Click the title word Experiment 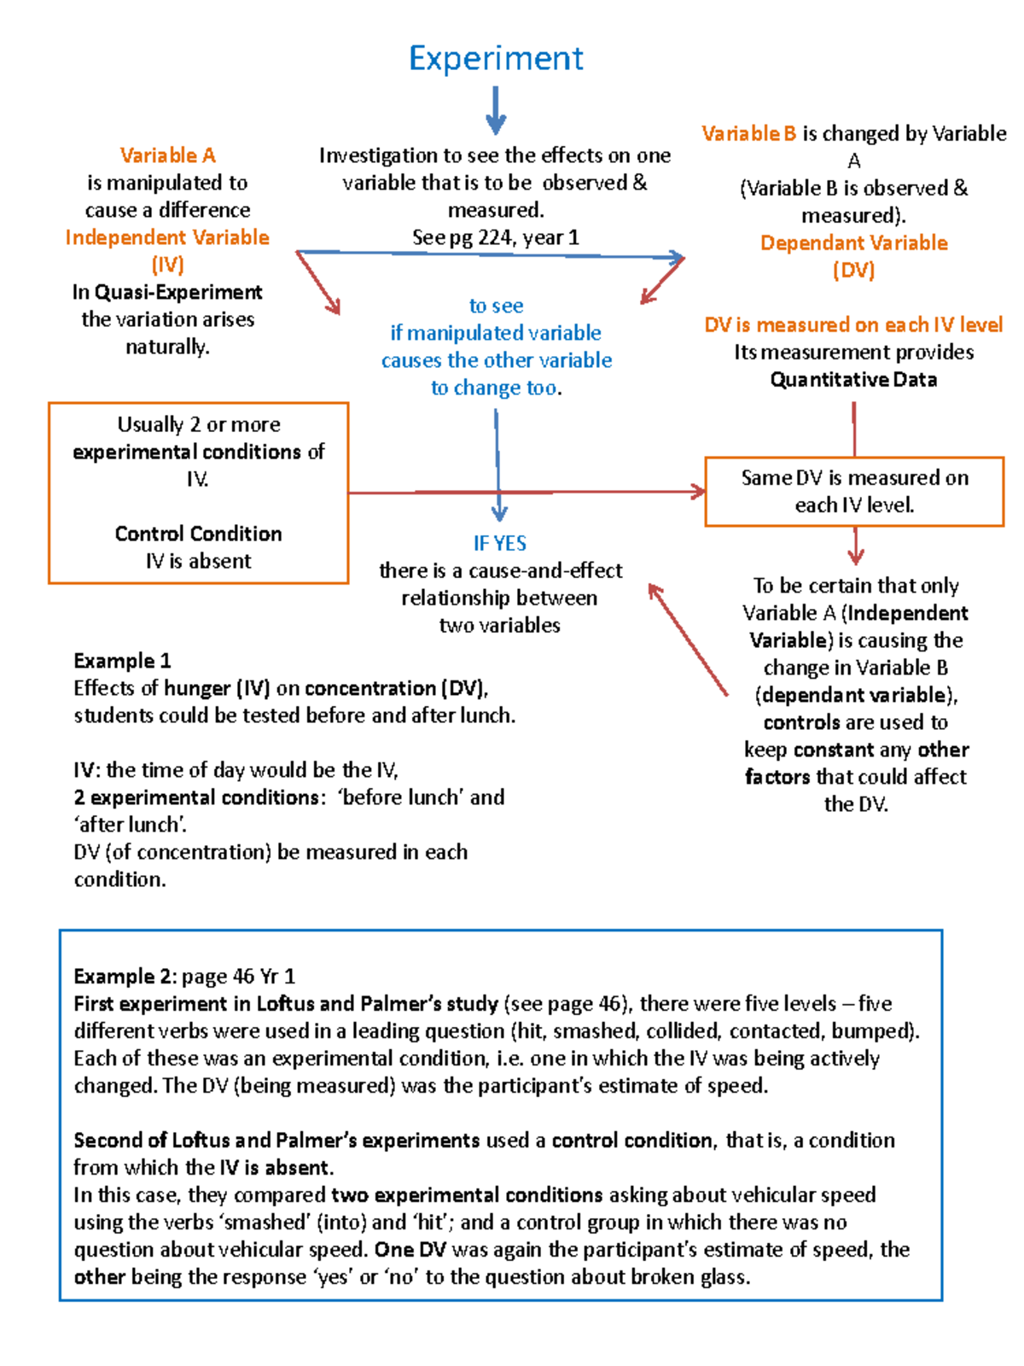(x=496, y=59)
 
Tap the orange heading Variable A (x=167, y=155)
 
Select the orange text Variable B (x=748, y=134)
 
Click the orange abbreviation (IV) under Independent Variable (x=167, y=265)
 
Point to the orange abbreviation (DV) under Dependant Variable (x=853, y=271)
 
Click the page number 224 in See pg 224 (x=495, y=237)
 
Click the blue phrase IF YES (x=500, y=543)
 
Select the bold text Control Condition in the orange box (x=198, y=534)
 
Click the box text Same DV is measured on (x=854, y=478)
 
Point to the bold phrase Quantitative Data (x=853, y=380)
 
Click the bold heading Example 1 (x=122, y=661)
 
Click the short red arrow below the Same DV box (x=855, y=546)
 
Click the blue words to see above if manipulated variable (x=496, y=306)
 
